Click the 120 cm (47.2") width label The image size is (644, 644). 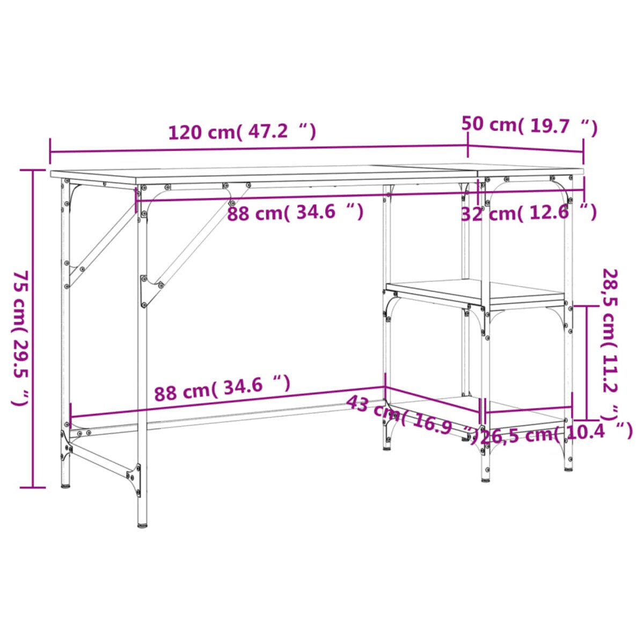242,131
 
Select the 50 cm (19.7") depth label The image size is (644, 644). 529,126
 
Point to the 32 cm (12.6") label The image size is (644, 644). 529,213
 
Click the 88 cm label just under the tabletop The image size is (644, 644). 295,213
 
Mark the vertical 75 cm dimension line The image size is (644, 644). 33,328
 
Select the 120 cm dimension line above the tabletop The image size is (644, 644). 258,149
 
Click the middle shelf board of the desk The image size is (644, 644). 475,291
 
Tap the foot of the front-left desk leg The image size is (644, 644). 143,524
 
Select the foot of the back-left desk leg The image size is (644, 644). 65,485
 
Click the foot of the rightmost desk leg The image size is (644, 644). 568,468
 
